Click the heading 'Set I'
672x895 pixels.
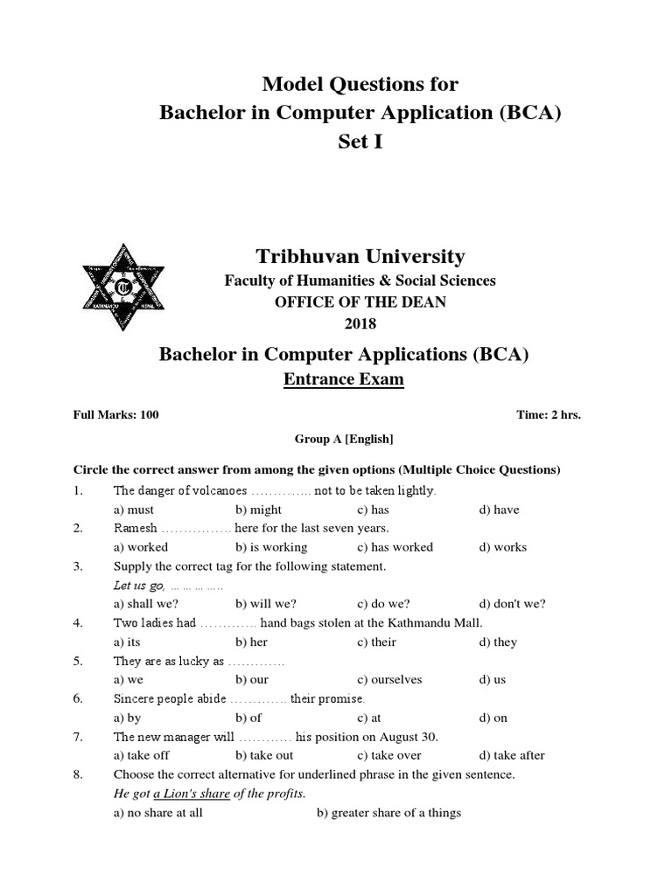tap(360, 142)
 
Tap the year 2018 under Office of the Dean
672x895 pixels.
tap(360, 324)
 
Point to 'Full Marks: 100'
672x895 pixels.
tap(115, 415)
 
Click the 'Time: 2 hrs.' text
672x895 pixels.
tap(549, 415)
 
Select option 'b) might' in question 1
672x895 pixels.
tap(258, 510)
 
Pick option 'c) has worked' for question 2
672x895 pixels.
tap(395, 547)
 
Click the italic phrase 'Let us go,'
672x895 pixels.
tap(139, 585)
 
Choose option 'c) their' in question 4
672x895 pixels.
tap(376, 642)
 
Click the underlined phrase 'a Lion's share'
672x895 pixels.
tap(192, 794)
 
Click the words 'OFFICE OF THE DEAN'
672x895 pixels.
tap(360, 302)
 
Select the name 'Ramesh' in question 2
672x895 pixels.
tap(135, 528)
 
